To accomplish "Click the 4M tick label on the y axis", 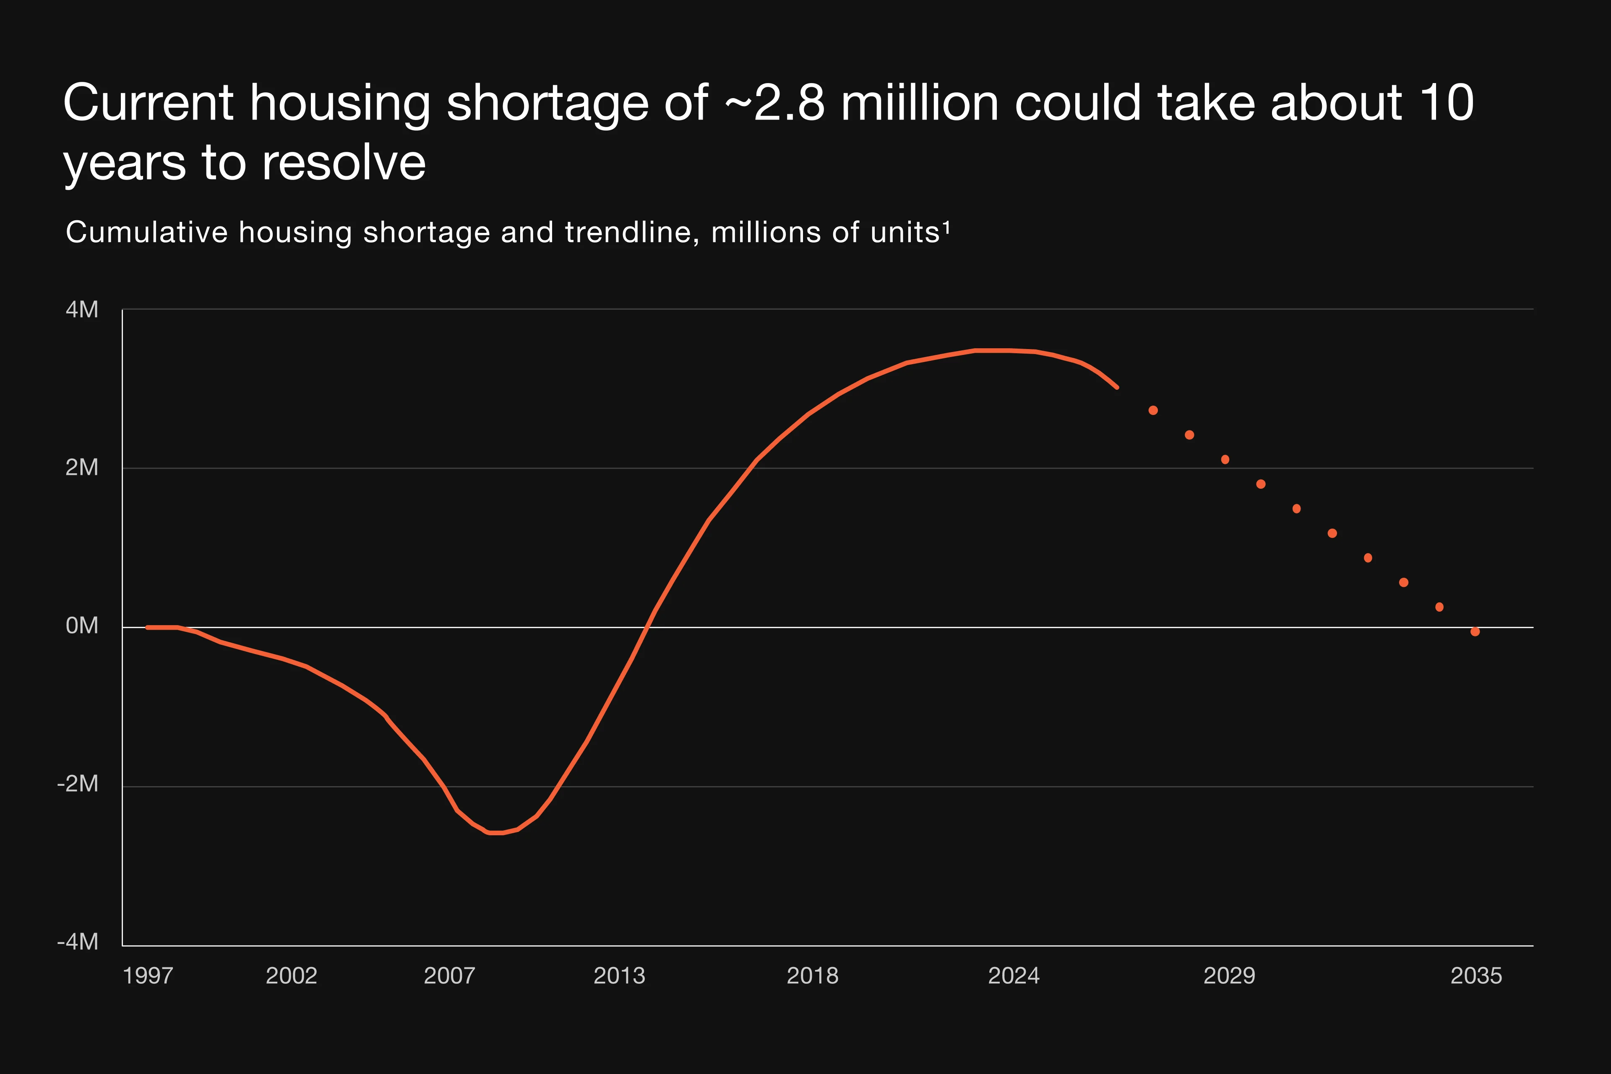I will (81, 310).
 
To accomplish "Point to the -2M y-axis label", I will (78, 784).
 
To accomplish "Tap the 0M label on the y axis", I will (81, 626).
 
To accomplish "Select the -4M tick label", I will (78, 942).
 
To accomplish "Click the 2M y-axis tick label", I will (81, 468).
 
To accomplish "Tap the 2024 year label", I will (1013, 975).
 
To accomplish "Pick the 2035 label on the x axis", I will (1476, 975).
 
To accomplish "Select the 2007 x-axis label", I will (449, 975).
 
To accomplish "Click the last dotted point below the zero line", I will (1475, 631).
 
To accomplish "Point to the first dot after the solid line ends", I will (1153, 410).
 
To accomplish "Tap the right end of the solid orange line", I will (1117, 387).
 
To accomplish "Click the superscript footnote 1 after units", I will (946, 227).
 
